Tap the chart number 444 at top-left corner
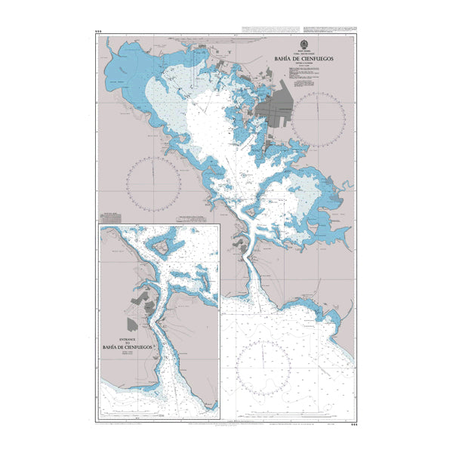[98, 32]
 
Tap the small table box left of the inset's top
[112, 220]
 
